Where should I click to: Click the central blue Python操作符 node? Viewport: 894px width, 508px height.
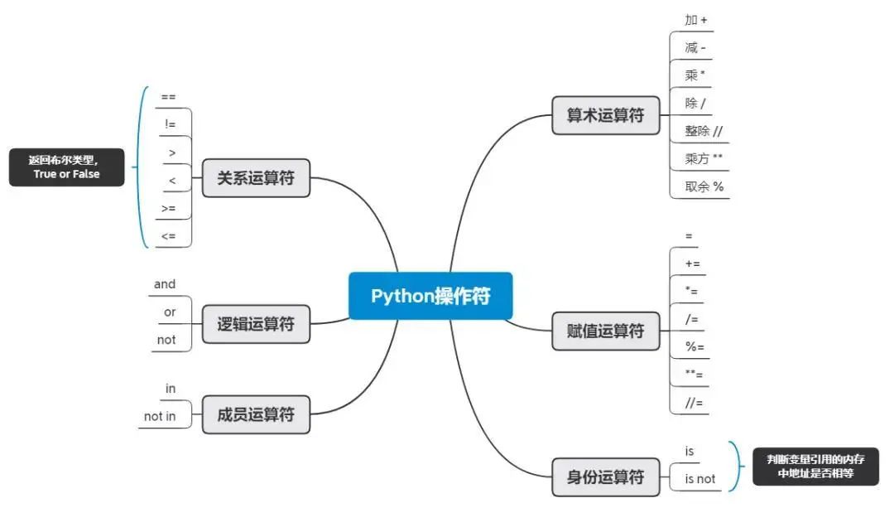tap(430, 296)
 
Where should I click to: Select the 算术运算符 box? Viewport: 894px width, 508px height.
tap(605, 115)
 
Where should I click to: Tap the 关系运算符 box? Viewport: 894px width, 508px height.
tap(256, 177)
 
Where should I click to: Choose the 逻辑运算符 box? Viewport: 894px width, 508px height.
tap(256, 324)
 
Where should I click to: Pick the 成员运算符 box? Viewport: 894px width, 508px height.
tap(256, 414)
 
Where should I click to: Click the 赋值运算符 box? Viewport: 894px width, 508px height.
tap(605, 331)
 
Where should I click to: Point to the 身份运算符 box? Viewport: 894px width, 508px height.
tap(605, 477)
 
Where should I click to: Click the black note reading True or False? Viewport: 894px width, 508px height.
tap(66, 167)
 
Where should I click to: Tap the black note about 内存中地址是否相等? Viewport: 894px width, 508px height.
tap(815, 467)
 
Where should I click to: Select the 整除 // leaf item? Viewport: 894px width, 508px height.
tap(704, 131)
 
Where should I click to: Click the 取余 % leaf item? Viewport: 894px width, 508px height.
tap(704, 186)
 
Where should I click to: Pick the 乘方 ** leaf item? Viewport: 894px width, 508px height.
tap(704, 158)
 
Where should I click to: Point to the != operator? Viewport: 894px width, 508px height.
tap(171, 124)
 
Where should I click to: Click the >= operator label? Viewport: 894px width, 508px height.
tap(169, 208)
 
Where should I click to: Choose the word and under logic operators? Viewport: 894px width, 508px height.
tap(165, 284)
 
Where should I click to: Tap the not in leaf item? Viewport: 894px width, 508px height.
tap(160, 416)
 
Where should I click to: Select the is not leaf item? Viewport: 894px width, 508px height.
tap(699, 478)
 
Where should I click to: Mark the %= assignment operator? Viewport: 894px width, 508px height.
tap(695, 346)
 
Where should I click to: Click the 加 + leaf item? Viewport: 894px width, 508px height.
tap(696, 20)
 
